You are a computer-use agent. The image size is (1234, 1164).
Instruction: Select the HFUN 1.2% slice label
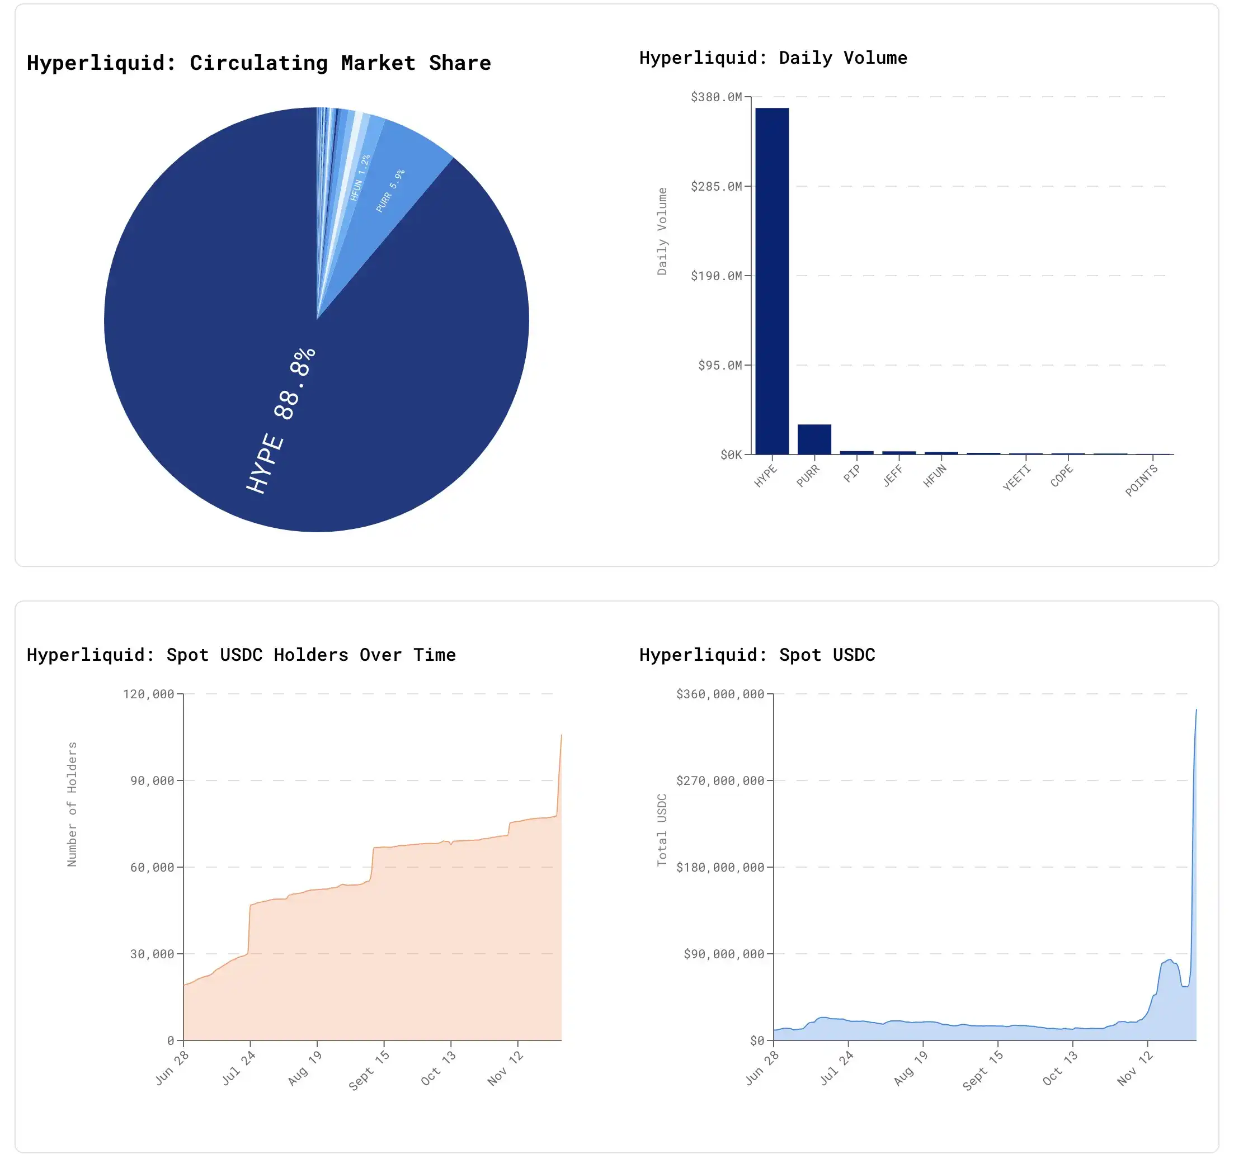tap(360, 177)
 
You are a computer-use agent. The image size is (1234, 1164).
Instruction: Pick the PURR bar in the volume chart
tap(814, 439)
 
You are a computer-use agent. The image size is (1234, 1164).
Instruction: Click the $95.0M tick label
tap(719, 365)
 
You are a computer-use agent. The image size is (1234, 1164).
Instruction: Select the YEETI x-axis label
tap(1016, 478)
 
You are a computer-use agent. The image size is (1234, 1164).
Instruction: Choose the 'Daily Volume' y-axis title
tap(662, 231)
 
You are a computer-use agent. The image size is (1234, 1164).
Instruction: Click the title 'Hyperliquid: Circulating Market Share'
tap(259, 63)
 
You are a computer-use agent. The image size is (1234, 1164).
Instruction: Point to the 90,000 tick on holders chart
tap(152, 780)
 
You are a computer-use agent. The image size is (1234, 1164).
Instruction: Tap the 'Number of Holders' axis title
tap(72, 804)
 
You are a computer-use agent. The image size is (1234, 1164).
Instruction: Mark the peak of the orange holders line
tap(561, 735)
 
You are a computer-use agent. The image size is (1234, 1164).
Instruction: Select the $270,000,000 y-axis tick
tap(719, 780)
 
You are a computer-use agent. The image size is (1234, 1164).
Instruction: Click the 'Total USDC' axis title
tap(662, 830)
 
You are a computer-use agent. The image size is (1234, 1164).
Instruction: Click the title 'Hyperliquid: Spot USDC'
tap(757, 655)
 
